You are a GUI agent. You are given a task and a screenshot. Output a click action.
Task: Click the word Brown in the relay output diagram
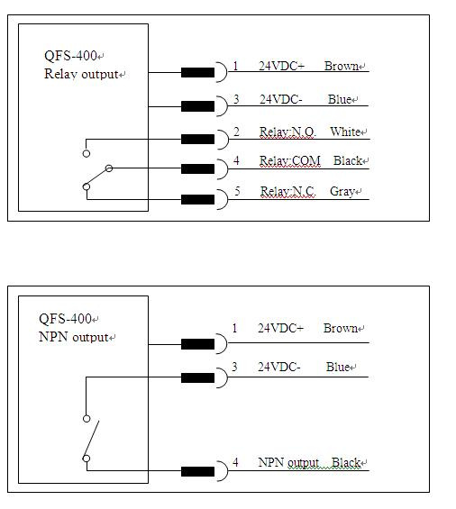tap(341, 66)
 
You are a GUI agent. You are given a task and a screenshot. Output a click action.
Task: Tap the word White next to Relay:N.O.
tap(345, 132)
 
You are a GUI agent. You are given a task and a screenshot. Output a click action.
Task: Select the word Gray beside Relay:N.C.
tap(342, 191)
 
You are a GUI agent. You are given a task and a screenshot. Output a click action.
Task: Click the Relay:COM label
tap(289, 160)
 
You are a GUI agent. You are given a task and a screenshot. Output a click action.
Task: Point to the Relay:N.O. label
tap(287, 132)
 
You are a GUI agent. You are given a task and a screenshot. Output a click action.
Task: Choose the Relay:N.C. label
tap(287, 191)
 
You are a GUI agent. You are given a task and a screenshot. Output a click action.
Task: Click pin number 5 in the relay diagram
tap(237, 191)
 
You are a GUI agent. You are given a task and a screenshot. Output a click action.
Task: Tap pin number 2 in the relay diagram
tap(236, 132)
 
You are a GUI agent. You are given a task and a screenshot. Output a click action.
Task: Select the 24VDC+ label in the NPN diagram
tap(280, 328)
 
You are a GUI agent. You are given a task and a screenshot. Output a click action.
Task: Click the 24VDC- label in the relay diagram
tap(281, 99)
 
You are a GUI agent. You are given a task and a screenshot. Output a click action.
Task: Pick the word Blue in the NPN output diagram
tap(337, 367)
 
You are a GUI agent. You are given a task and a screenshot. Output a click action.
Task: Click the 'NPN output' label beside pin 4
tap(288, 462)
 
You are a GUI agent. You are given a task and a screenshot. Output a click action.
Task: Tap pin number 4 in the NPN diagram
tap(235, 462)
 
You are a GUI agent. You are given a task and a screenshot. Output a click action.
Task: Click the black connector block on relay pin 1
tap(197, 72)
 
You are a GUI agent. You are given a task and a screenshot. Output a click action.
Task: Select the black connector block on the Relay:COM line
tap(197, 168)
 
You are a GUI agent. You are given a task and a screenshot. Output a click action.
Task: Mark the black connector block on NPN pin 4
tap(197, 471)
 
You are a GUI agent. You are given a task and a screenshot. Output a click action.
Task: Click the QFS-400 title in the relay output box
tap(70, 56)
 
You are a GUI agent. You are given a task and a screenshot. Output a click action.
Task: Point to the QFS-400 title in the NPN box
tap(65, 318)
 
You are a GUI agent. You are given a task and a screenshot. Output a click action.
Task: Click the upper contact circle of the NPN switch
tap(87, 419)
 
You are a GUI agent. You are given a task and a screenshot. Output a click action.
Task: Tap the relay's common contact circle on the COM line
tap(109, 168)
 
